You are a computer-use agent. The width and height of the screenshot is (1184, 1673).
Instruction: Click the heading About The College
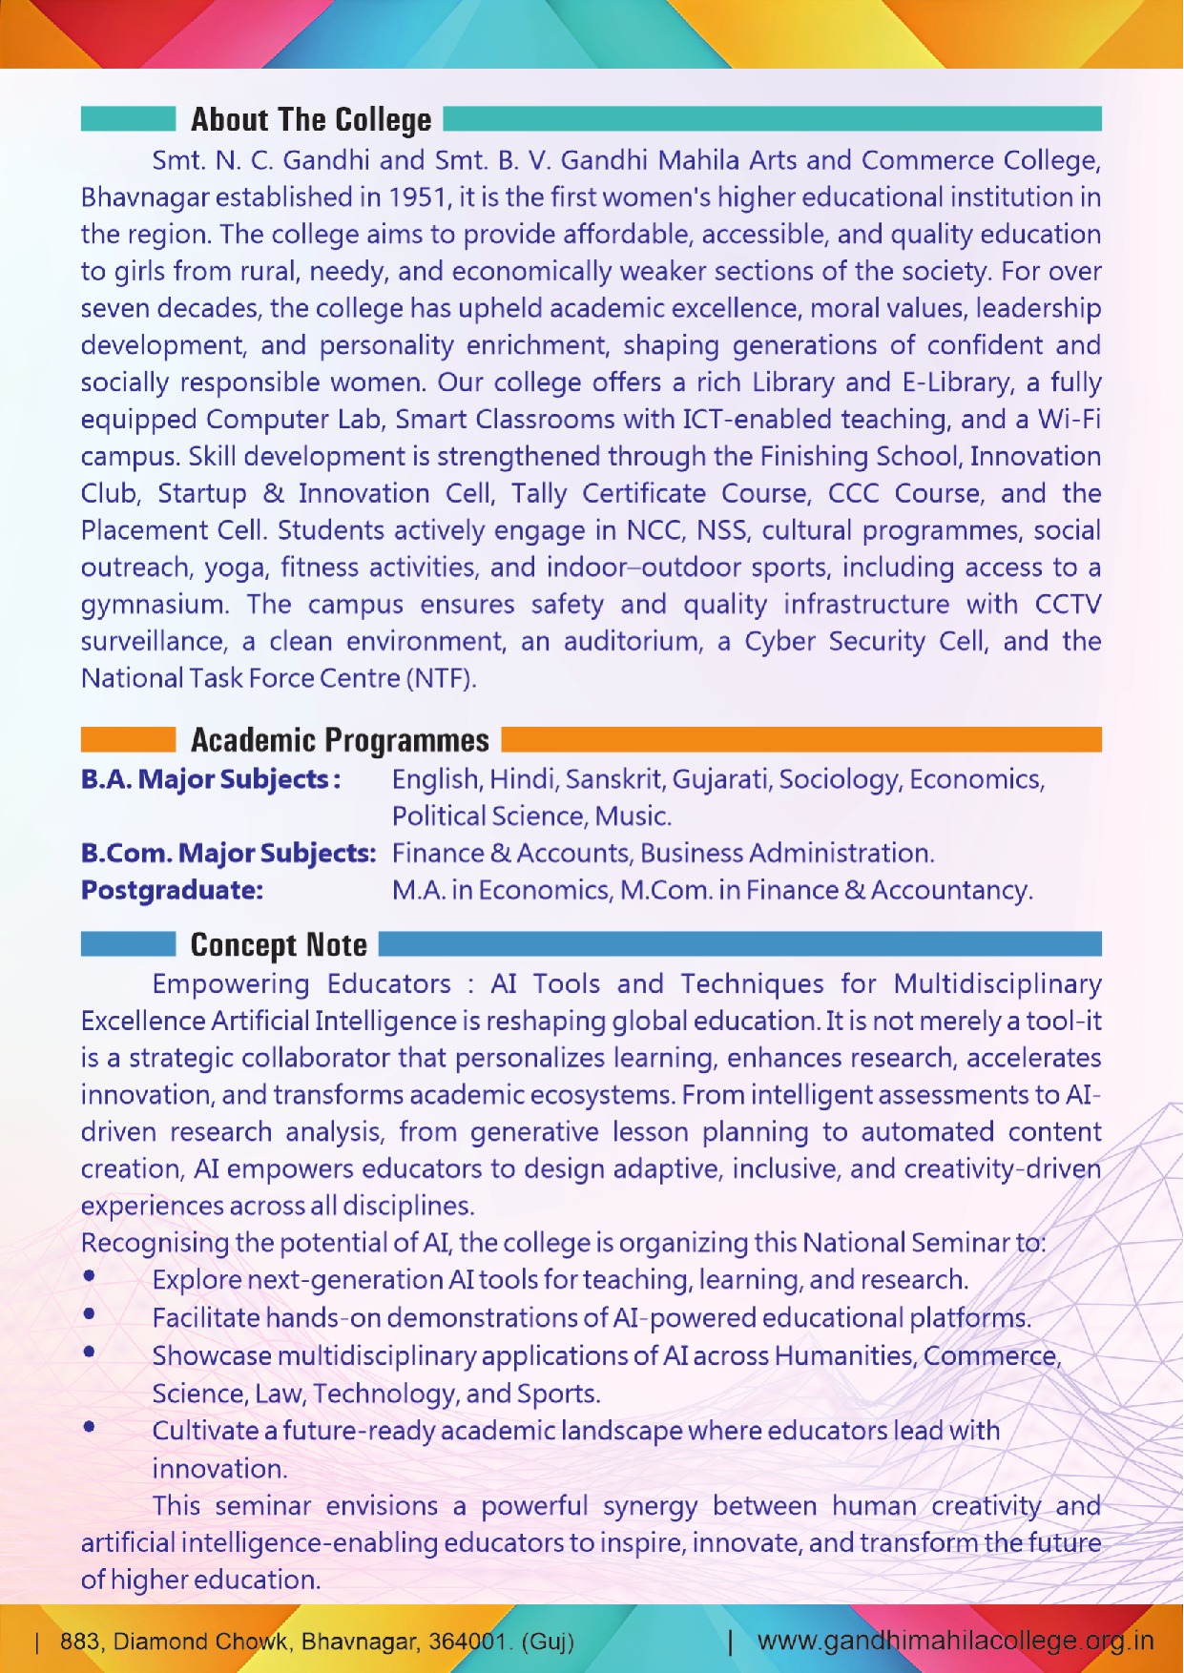(x=311, y=120)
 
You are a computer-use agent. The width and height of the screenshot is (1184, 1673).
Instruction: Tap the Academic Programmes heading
(x=340, y=740)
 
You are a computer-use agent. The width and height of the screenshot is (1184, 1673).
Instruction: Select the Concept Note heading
(x=279, y=944)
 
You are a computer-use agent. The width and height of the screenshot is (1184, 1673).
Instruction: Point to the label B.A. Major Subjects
(x=210, y=779)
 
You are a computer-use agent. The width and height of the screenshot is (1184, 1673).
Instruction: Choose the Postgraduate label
(x=172, y=890)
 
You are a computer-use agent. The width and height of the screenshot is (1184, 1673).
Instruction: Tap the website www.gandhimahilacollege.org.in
(x=955, y=1641)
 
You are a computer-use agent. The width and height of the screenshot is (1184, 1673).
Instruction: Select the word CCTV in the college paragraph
(x=1068, y=605)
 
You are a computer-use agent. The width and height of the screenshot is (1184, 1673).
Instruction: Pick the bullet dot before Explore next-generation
(x=89, y=1275)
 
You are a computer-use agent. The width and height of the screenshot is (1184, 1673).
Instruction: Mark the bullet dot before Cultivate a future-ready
(x=89, y=1427)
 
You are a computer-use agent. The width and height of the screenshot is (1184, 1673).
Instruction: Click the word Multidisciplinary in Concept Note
(x=997, y=983)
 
